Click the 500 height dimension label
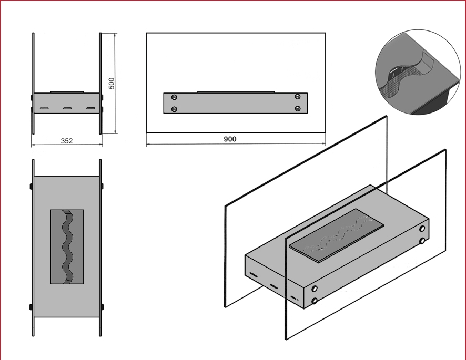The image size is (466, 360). (x=112, y=84)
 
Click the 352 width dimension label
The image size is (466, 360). (x=67, y=141)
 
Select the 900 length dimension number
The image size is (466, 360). (x=230, y=139)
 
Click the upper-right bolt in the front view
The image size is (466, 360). (x=298, y=97)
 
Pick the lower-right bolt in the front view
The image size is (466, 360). (x=298, y=109)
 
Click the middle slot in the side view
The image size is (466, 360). (x=67, y=108)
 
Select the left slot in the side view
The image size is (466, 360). (x=44, y=108)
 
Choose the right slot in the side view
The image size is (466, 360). (x=90, y=108)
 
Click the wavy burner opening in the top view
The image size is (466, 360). (x=67, y=246)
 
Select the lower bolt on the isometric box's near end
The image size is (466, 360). (x=315, y=301)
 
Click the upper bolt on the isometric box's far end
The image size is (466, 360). (x=422, y=229)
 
